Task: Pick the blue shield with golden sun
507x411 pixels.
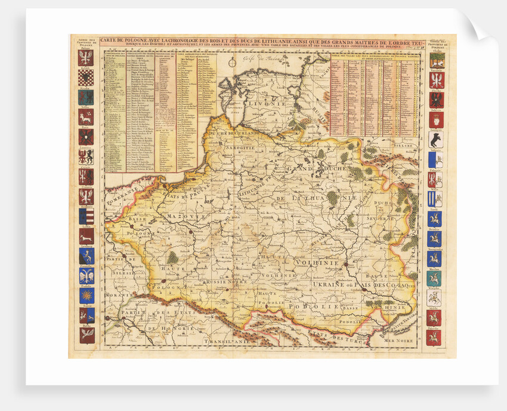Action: pyautogui.click(x=86, y=295)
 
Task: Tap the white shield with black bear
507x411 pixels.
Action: pyautogui.click(x=435, y=140)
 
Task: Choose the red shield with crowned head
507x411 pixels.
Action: pyautogui.click(x=435, y=120)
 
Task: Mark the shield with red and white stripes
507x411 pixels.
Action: pyautogui.click(x=86, y=216)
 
